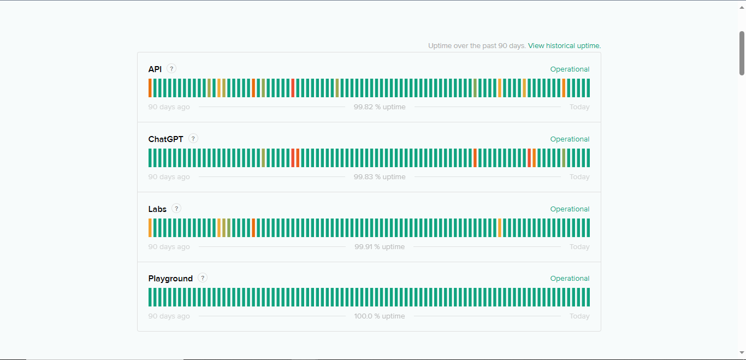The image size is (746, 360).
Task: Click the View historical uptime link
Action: click(x=564, y=46)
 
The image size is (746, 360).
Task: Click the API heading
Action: click(x=155, y=69)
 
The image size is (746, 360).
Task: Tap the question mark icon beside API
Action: click(x=171, y=69)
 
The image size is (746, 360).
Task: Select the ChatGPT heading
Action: click(x=165, y=139)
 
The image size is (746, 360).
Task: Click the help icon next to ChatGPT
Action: click(x=193, y=139)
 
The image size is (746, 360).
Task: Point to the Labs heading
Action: click(x=157, y=209)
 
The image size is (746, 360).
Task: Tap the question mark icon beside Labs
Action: click(x=176, y=208)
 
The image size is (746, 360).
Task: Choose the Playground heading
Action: click(x=170, y=279)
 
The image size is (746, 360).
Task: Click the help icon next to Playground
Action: click(x=203, y=278)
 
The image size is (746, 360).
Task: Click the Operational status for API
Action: click(x=570, y=69)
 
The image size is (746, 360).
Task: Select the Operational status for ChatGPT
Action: click(x=570, y=139)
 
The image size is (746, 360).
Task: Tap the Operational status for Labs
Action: click(x=570, y=209)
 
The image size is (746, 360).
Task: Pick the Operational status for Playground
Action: click(x=570, y=279)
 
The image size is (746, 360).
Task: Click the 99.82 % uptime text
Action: click(x=380, y=107)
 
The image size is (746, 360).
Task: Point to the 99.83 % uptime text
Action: click(x=380, y=177)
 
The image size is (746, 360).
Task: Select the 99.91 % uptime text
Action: click(x=380, y=247)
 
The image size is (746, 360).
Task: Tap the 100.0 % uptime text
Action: click(x=380, y=316)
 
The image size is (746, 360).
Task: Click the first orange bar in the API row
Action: click(x=150, y=88)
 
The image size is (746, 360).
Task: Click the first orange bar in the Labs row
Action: click(x=150, y=228)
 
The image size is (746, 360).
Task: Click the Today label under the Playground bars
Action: click(x=579, y=316)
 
